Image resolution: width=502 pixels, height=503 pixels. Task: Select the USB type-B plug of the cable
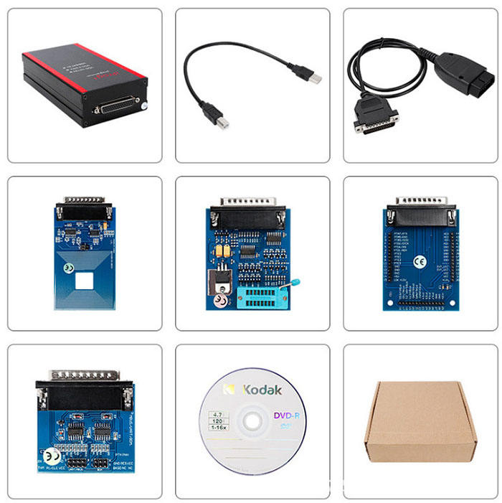(x=212, y=116)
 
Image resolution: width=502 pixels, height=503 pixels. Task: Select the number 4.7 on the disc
(x=213, y=413)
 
